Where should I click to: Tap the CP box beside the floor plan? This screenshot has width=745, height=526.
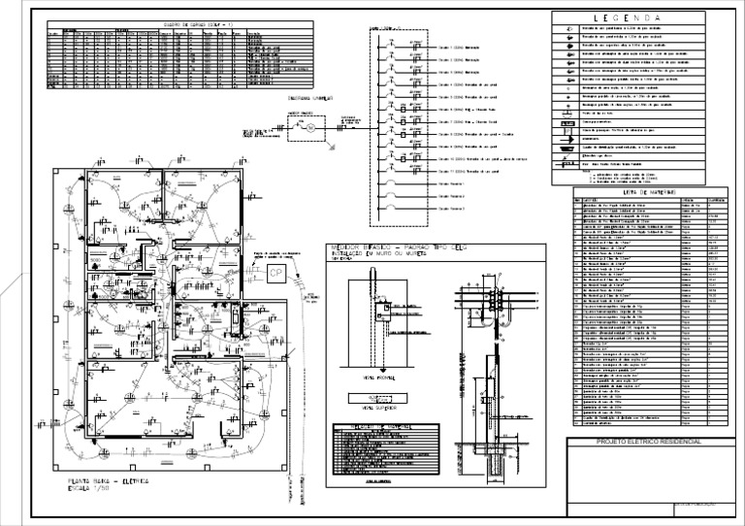pyautogui.click(x=275, y=275)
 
